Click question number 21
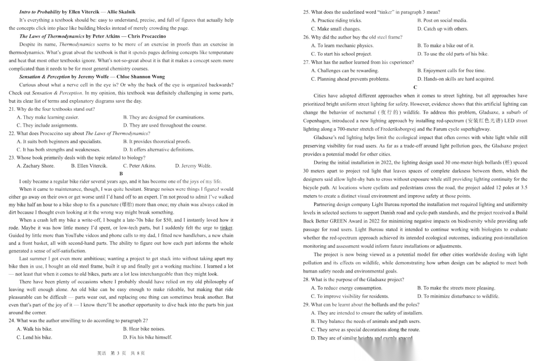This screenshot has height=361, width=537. (12, 109)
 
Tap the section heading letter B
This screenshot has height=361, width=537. (121, 173)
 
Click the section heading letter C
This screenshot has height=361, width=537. (415, 87)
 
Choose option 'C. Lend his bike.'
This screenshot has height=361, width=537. (34, 337)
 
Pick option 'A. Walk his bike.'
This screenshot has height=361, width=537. (34, 329)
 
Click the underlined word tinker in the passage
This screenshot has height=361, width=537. (226, 228)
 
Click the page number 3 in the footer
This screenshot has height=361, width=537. (112, 353)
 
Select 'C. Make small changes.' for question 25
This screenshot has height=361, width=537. (336, 29)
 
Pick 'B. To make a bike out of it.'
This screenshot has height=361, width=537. (446, 46)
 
